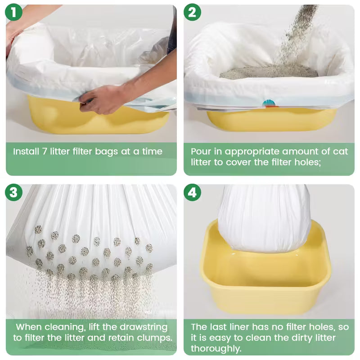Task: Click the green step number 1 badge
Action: (13, 12)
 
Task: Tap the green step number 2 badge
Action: (192, 12)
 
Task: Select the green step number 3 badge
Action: (13, 192)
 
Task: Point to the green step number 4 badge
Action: (192, 192)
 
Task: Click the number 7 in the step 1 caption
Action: (45, 152)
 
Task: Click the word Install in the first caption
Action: (26, 152)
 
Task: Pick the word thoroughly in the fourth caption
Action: (216, 348)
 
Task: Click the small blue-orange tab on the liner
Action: (269, 103)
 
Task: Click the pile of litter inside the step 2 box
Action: (269, 72)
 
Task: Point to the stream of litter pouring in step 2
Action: (296, 35)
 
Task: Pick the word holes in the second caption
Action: (308, 162)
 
